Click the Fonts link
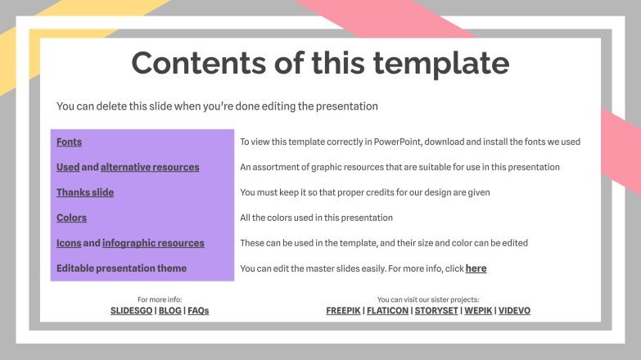(69, 142)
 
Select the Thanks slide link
(85, 193)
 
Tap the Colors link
(71, 218)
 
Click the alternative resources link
(150, 168)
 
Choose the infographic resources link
(153, 244)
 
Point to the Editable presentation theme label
(121, 268)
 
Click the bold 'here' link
(476, 268)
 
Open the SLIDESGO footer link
(132, 311)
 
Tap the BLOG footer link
(169, 311)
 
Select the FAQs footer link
(198, 311)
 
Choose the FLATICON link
(388, 311)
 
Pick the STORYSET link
(436, 311)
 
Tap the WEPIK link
(477, 311)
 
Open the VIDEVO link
(514, 311)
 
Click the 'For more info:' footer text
(160, 299)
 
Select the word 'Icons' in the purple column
(68, 244)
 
